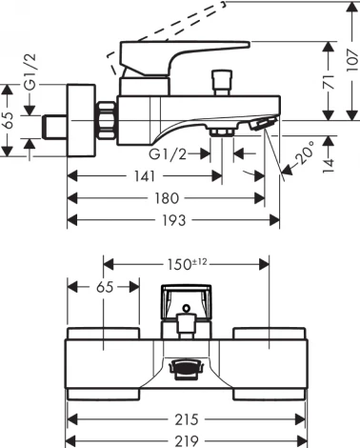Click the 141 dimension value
coord(145,176)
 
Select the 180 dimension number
coord(167,198)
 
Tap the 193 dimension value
coord(174,220)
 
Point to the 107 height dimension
coord(352,61)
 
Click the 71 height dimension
coord(329,82)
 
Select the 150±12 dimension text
coord(188,264)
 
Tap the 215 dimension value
coord(187,419)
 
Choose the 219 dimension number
coord(187,441)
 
